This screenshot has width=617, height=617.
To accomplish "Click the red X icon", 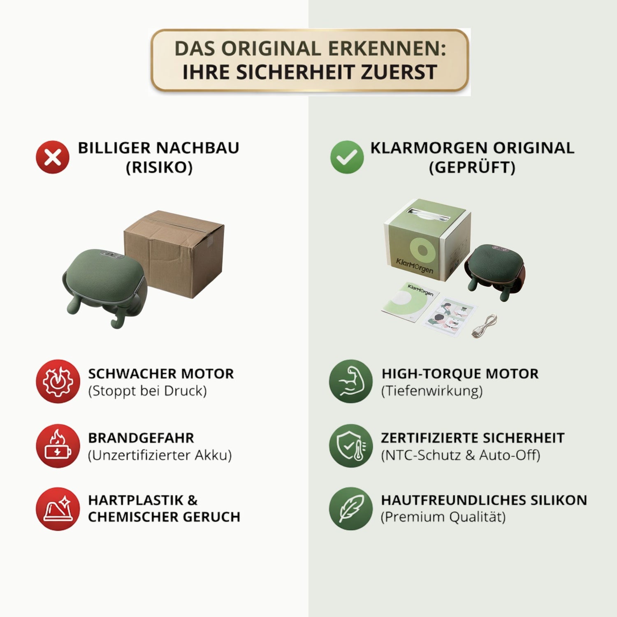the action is [x=53, y=157].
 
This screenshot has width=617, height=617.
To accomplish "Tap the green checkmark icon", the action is [x=347, y=157].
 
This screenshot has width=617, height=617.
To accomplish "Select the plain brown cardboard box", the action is [x=174, y=253].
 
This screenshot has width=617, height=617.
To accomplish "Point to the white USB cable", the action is [x=485, y=326].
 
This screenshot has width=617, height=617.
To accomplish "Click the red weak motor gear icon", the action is [x=58, y=381].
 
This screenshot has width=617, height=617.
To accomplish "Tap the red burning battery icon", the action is [x=58, y=446].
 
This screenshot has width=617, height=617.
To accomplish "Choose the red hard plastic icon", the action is [x=58, y=509].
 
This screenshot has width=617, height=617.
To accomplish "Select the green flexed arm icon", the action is [x=351, y=381].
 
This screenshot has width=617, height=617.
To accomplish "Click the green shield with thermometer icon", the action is [x=351, y=446].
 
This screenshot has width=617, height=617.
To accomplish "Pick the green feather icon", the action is [x=351, y=509].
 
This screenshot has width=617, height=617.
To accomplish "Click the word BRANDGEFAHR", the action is [x=141, y=438].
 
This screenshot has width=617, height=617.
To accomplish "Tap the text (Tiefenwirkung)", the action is [x=432, y=391].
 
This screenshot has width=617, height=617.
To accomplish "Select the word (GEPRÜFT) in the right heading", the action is [x=472, y=168].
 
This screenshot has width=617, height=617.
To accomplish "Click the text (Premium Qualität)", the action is [x=443, y=517].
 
